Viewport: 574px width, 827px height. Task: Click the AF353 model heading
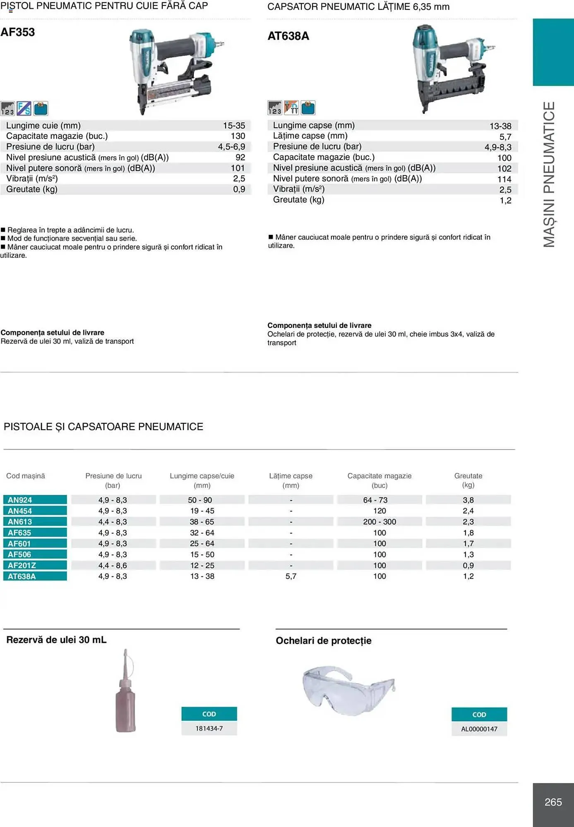point(18,32)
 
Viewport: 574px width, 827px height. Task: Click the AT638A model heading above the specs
point(288,36)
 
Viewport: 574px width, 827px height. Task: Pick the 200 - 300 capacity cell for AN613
point(379,522)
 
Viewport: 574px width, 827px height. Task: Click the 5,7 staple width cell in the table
point(291,576)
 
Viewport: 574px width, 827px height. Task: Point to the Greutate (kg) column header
point(468,480)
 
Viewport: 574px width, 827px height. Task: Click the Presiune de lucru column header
point(113,480)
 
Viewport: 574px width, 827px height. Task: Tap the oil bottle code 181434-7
point(209,728)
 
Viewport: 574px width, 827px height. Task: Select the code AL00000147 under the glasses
point(479,729)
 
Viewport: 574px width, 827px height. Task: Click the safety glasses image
point(348,690)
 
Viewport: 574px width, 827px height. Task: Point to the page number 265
point(553,802)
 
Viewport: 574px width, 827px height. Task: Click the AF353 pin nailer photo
point(174,70)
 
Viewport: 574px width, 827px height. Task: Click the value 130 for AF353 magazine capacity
point(238,136)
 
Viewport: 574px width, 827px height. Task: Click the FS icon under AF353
point(24,108)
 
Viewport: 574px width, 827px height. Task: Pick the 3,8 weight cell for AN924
point(468,500)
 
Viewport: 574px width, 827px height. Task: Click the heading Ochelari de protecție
point(323,641)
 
